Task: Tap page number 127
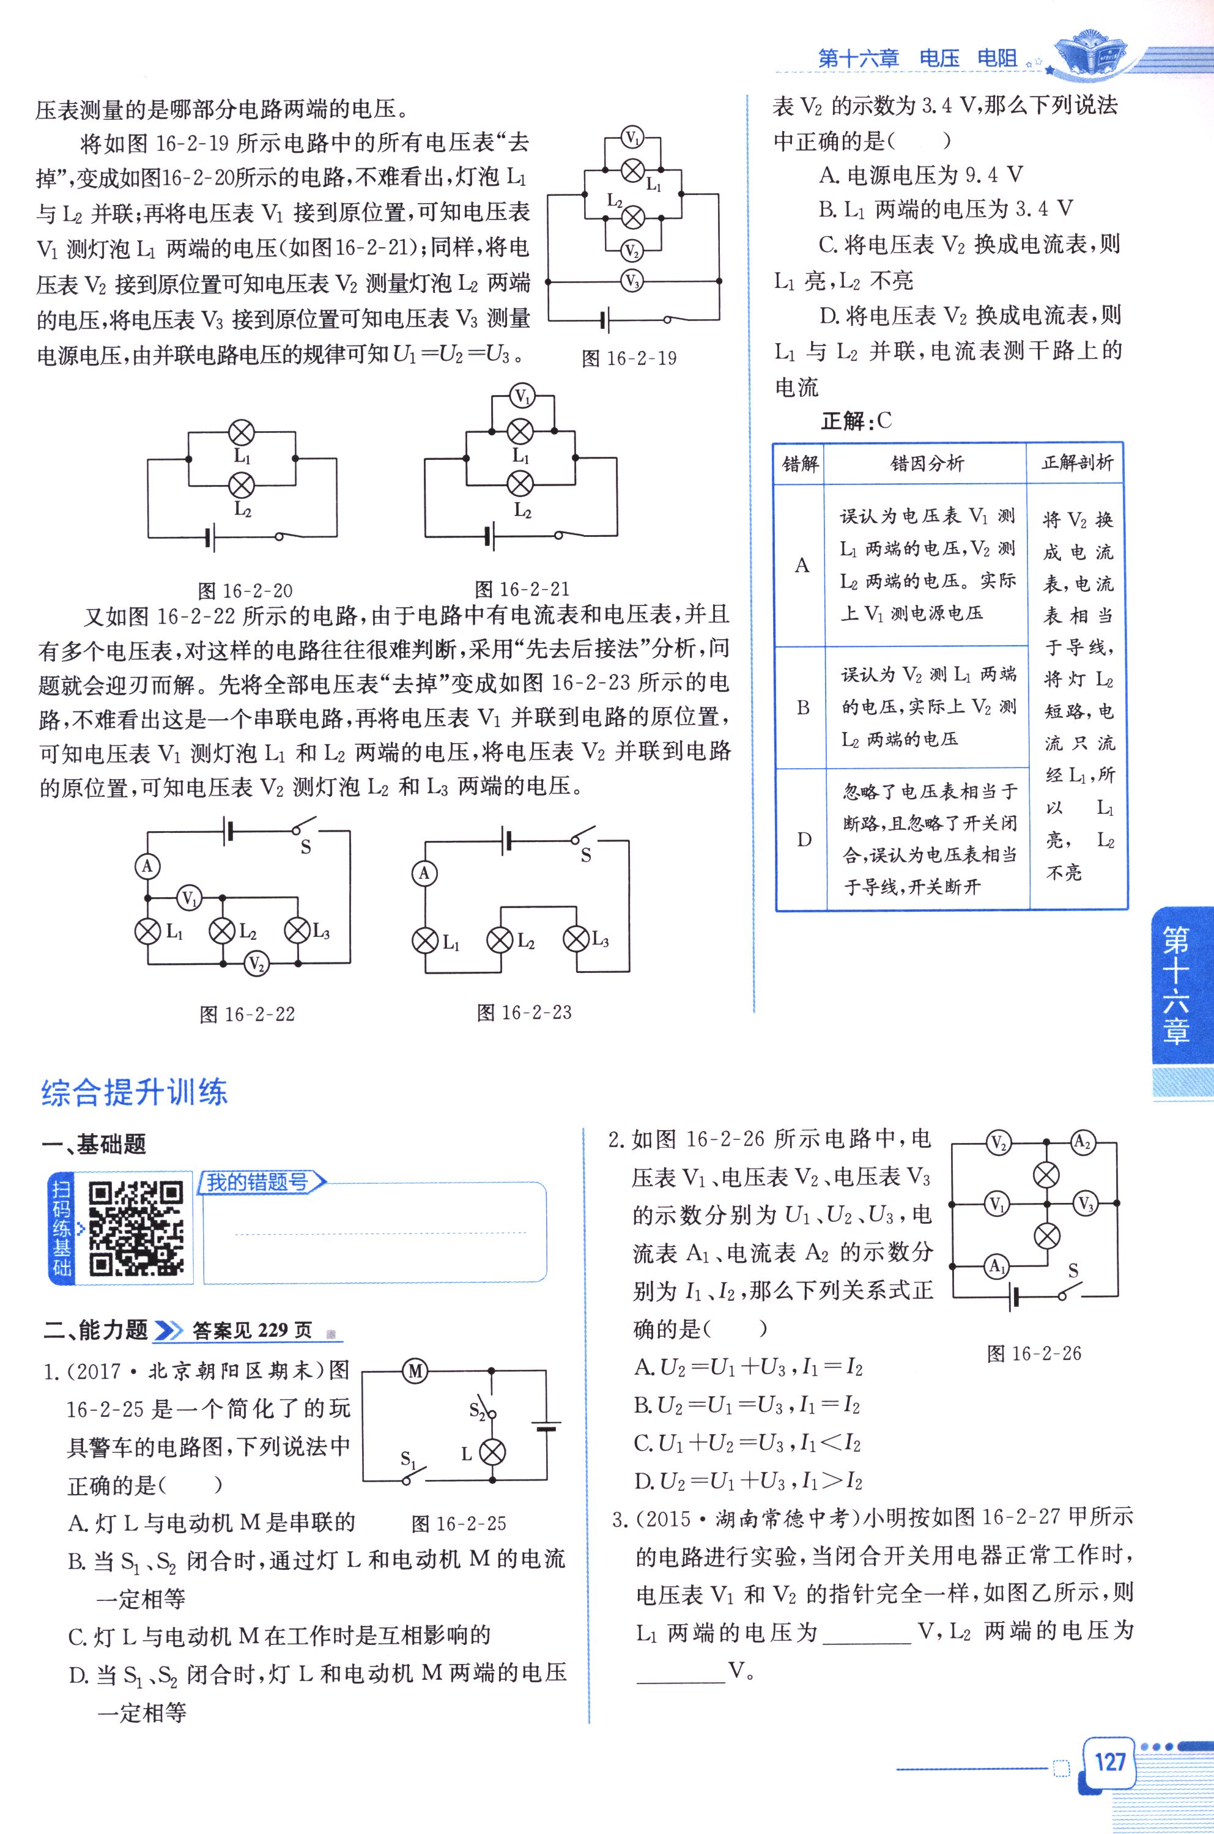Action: (x=1109, y=1762)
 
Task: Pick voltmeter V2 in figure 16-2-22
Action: (x=256, y=964)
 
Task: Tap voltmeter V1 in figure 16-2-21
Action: (x=523, y=397)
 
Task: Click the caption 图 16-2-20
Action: (x=245, y=591)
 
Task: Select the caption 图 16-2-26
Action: (x=1034, y=1353)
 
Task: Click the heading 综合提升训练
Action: (x=134, y=1092)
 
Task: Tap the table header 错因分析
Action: (x=927, y=464)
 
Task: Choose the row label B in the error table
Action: (x=803, y=708)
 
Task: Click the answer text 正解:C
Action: (x=856, y=421)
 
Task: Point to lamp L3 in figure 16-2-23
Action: (x=576, y=939)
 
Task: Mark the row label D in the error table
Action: (x=804, y=839)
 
